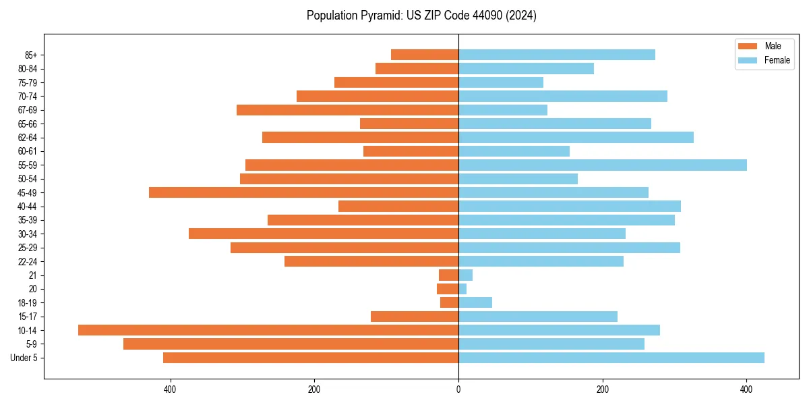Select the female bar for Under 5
click(611, 358)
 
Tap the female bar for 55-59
click(603, 165)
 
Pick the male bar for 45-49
click(303, 192)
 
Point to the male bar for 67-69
click(347, 110)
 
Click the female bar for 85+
click(557, 55)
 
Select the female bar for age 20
click(462, 289)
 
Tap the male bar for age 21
click(449, 275)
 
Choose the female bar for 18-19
click(475, 302)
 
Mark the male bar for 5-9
click(291, 344)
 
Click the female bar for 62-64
click(576, 138)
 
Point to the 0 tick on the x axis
click(458, 389)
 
